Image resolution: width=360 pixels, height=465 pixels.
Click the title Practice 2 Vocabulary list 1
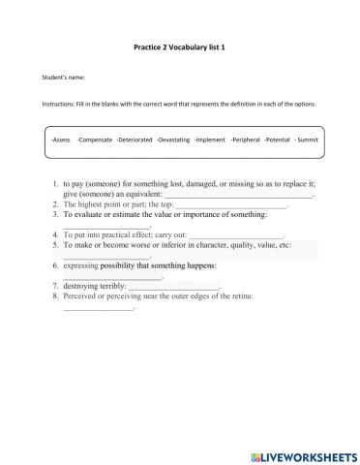click(180, 45)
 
